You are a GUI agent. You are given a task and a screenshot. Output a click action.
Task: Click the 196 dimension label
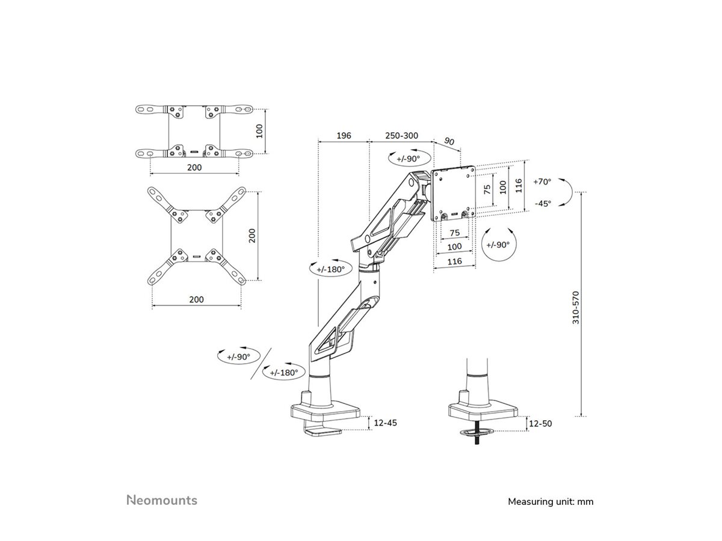click(343, 136)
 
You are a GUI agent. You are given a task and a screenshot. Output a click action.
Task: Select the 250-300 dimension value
click(401, 136)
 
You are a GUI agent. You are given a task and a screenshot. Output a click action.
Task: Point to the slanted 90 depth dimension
click(449, 141)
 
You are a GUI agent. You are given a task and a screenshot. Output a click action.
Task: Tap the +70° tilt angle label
click(543, 181)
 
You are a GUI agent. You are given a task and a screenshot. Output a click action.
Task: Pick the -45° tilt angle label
click(543, 203)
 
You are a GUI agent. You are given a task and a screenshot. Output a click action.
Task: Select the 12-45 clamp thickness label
click(385, 423)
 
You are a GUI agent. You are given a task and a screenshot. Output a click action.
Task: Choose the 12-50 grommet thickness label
click(539, 423)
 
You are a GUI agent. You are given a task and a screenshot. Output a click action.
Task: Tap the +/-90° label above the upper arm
click(404, 159)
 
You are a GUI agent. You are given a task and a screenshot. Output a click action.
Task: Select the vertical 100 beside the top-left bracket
click(260, 130)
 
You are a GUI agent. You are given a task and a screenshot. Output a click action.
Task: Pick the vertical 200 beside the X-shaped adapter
click(253, 235)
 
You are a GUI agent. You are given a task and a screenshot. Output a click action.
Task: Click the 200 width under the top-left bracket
click(194, 168)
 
